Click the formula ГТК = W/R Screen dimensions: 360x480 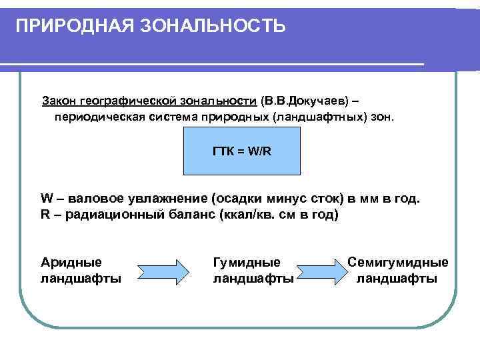point(242,151)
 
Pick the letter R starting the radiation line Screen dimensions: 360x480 point(45,215)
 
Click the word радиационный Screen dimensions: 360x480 point(112,215)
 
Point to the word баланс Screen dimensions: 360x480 point(194,215)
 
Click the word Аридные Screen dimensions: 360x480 point(71,263)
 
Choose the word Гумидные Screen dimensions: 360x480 point(246,263)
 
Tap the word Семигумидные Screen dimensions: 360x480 point(398,263)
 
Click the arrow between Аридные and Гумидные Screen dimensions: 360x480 point(163,271)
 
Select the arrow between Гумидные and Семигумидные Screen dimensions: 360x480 point(323,271)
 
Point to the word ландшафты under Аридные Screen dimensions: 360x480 point(81,279)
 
